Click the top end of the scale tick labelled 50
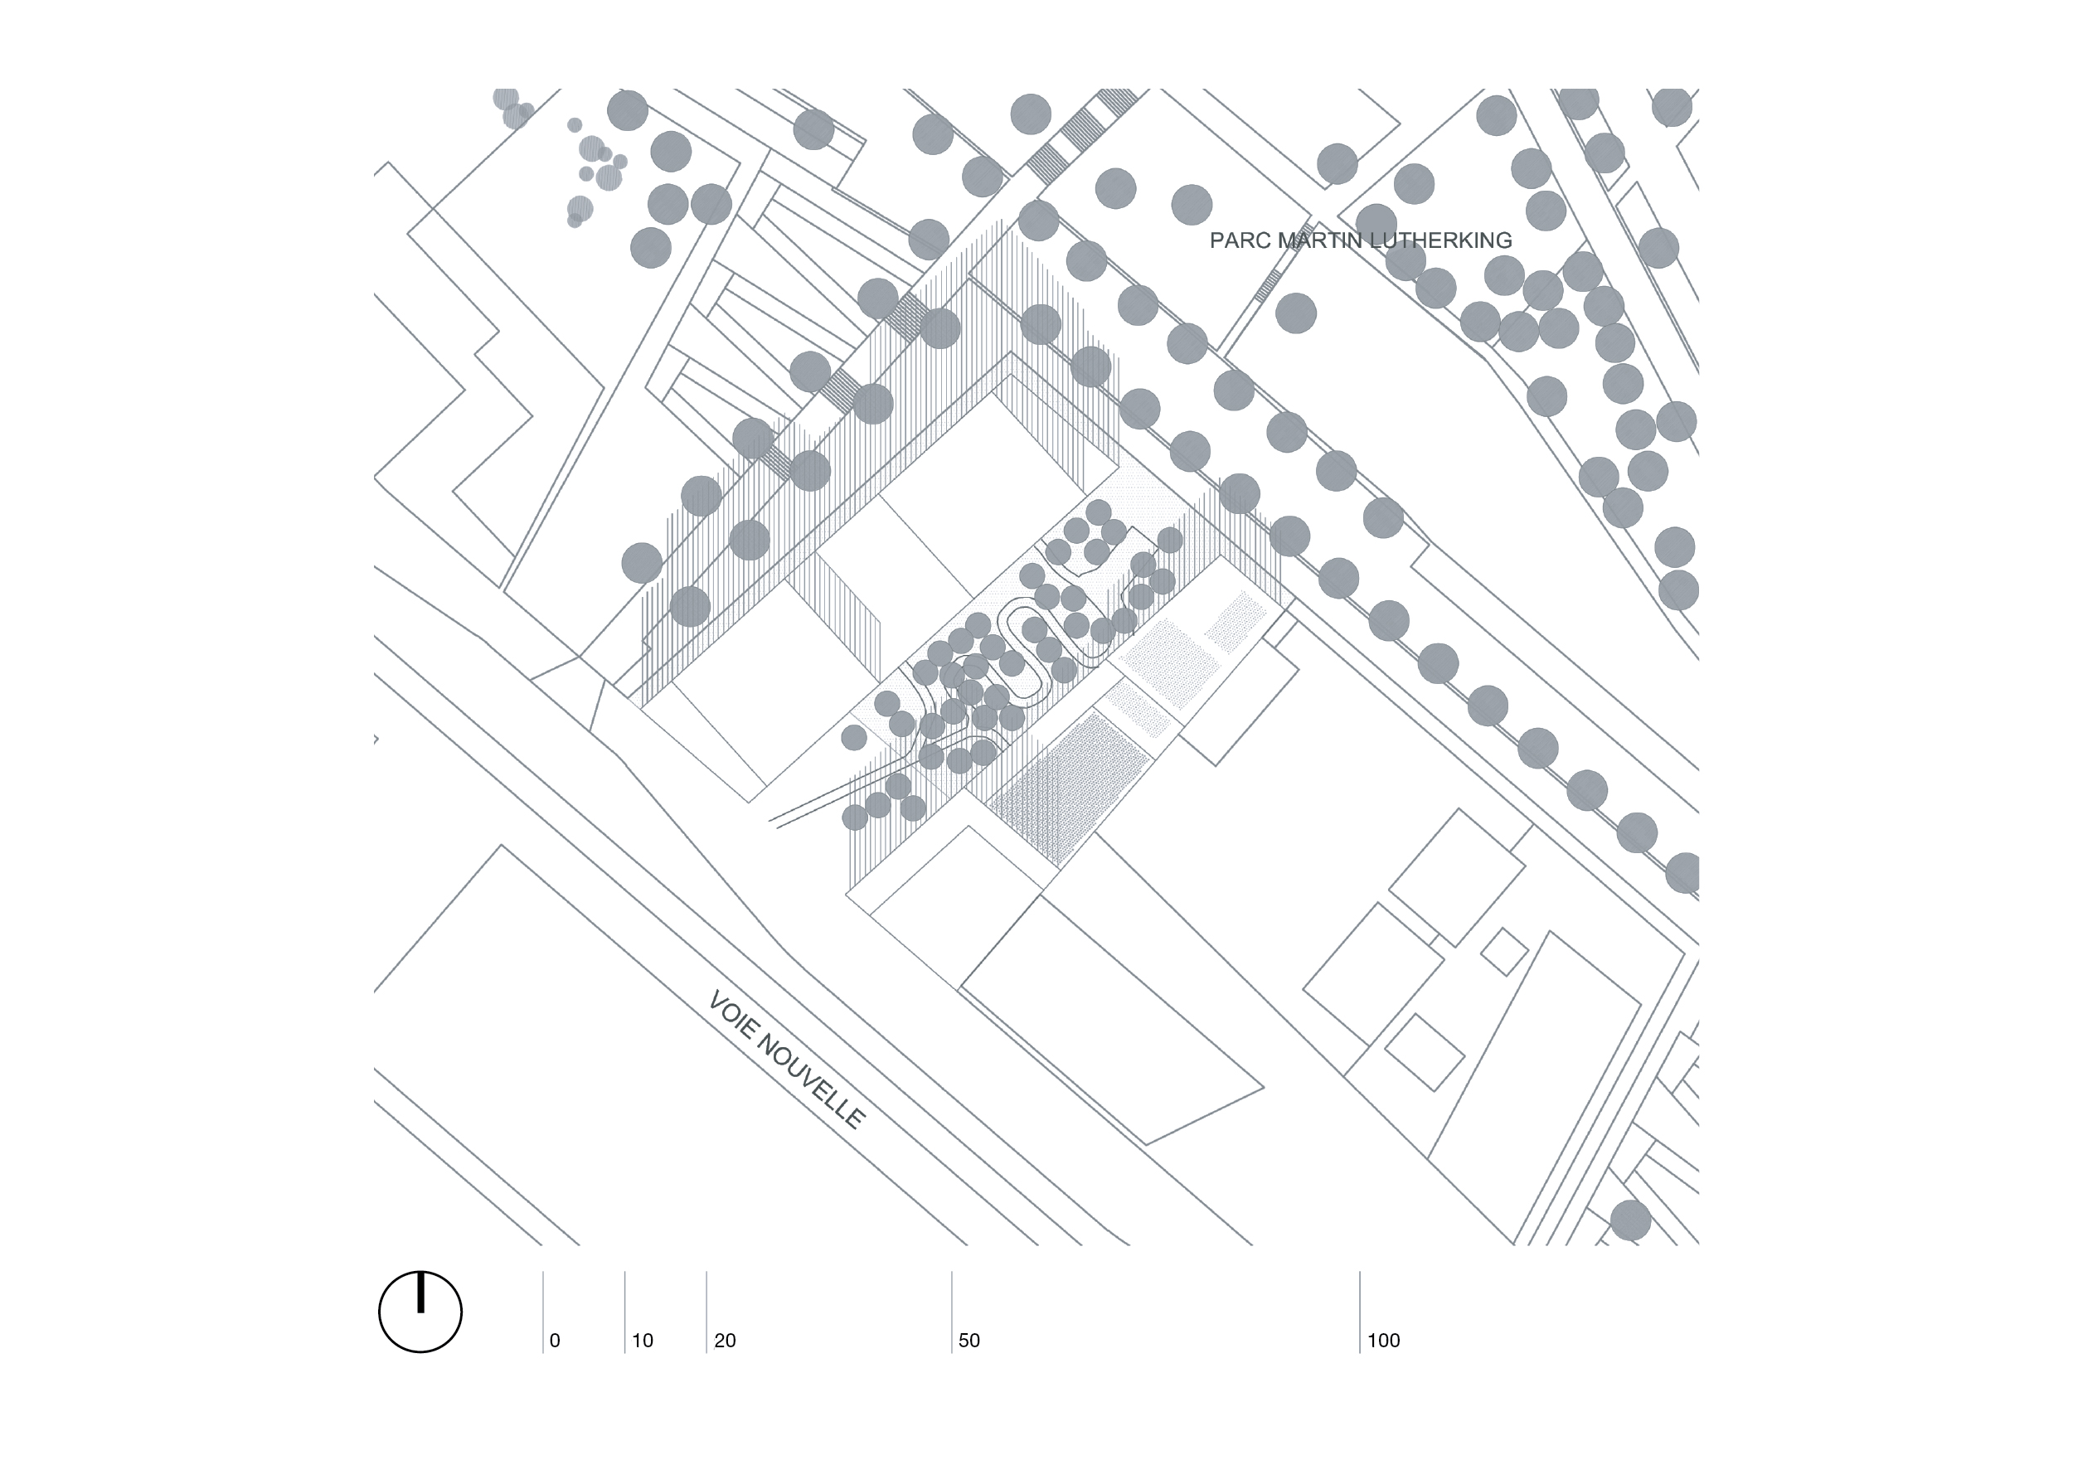(952, 1272)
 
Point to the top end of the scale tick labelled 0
(542, 1272)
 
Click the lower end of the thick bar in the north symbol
(420, 1311)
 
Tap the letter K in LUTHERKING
(1451, 240)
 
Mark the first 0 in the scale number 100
(1382, 1341)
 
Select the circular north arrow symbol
(420, 1312)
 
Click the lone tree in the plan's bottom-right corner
(1630, 1220)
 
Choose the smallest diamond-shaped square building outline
(1504, 952)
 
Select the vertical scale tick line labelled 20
(706, 1312)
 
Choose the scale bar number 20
(725, 1341)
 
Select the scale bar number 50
(969, 1341)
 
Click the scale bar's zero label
(555, 1341)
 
